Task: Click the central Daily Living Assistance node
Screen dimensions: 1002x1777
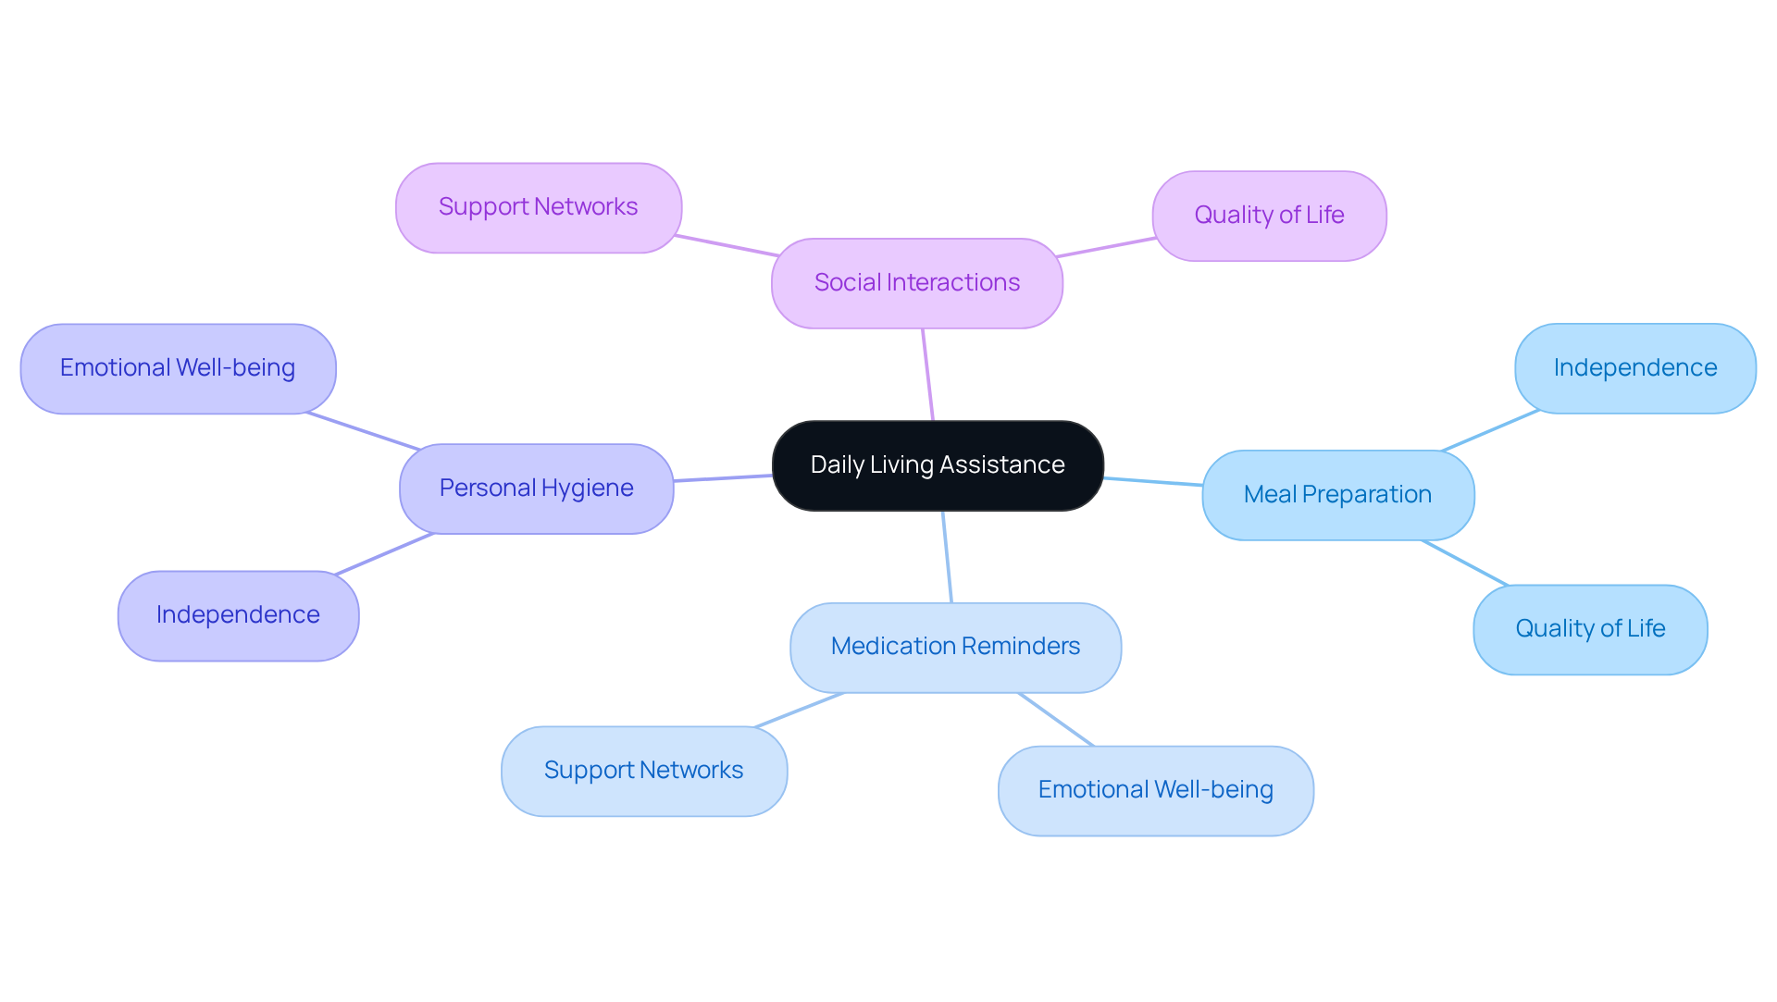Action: pyautogui.click(x=937, y=465)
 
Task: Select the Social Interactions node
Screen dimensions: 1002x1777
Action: pyautogui.click(x=916, y=283)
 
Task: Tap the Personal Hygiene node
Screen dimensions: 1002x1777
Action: pyautogui.click(x=536, y=489)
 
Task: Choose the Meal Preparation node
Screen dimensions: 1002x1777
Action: pyautogui.click(x=1337, y=495)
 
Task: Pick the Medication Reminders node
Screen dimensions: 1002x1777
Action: pyautogui.click(x=955, y=647)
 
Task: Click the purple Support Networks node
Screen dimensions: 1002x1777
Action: pyautogui.click(x=538, y=207)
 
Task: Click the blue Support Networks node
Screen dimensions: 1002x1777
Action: pyautogui.click(x=643, y=771)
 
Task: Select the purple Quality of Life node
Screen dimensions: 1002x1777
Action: pyautogui.click(x=1269, y=216)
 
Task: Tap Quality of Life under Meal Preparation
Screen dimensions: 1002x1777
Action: pyautogui.click(x=1590, y=629)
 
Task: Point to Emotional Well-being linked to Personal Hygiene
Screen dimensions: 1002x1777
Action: pyautogui.click(x=178, y=368)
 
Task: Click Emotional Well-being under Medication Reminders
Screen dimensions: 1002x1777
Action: pyautogui.click(x=1155, y=790)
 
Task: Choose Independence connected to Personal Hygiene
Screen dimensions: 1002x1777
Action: pyautogui.click(x=238, y=615)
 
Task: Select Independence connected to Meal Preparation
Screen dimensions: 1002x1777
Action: pyautogui.click(x=1634, y=368)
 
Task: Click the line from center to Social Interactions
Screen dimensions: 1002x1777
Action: pyautogui.click(x=927, y=375)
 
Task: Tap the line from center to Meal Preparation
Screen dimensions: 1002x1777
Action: pyautogui.click(x=1153, y=481)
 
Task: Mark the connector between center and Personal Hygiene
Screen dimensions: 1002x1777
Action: pyautogui.click(x=723, y=477)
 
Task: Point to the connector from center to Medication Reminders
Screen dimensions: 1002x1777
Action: pyautogui.click(x=947, y=556)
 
